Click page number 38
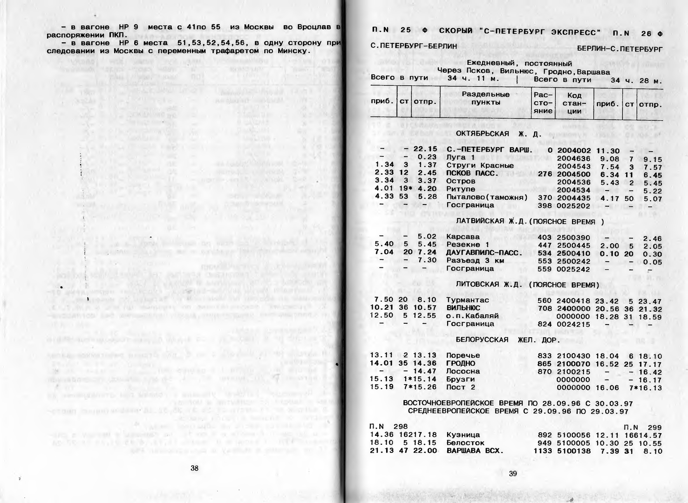tap(195, 468)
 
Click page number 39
tap(513, 474)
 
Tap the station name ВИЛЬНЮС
tap(463, 308)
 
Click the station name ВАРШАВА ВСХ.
tap(475, 450)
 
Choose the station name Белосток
tap(465, 442)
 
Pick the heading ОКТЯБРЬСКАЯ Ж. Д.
tap(498, 134)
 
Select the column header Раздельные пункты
tap(485, 98)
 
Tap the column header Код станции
tap(574, 103)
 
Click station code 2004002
tap(574, 150)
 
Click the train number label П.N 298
tap(388, 426)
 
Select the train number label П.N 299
tap(643, 427)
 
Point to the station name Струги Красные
tap(480, 165)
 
